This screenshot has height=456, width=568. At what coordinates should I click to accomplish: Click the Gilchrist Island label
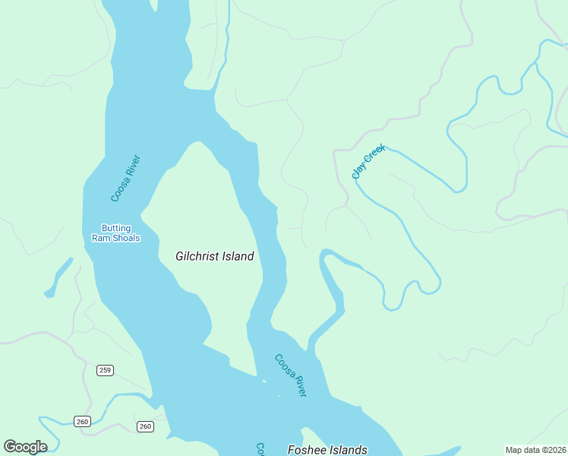coord(214,257)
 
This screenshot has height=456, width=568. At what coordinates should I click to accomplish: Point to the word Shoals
coord(126,238)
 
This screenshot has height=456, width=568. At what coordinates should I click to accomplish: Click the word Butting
coord(116,228)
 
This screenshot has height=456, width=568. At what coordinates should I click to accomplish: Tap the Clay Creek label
coord(369,161)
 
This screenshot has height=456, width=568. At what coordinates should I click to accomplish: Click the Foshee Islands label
coord(327,449)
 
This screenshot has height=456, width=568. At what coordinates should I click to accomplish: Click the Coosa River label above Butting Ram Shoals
coord(125,179)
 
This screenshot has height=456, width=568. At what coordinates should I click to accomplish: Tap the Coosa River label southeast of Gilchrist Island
coord(290,375)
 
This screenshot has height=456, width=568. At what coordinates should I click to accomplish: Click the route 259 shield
coord(105,370)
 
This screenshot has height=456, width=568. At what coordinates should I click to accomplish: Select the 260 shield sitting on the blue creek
coord(82,421)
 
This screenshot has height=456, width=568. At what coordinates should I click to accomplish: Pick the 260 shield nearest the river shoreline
coord(145,426)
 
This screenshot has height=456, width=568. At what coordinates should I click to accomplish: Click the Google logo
coord(25,447)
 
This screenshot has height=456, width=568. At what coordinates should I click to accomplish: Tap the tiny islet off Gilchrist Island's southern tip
coord(263,380)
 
